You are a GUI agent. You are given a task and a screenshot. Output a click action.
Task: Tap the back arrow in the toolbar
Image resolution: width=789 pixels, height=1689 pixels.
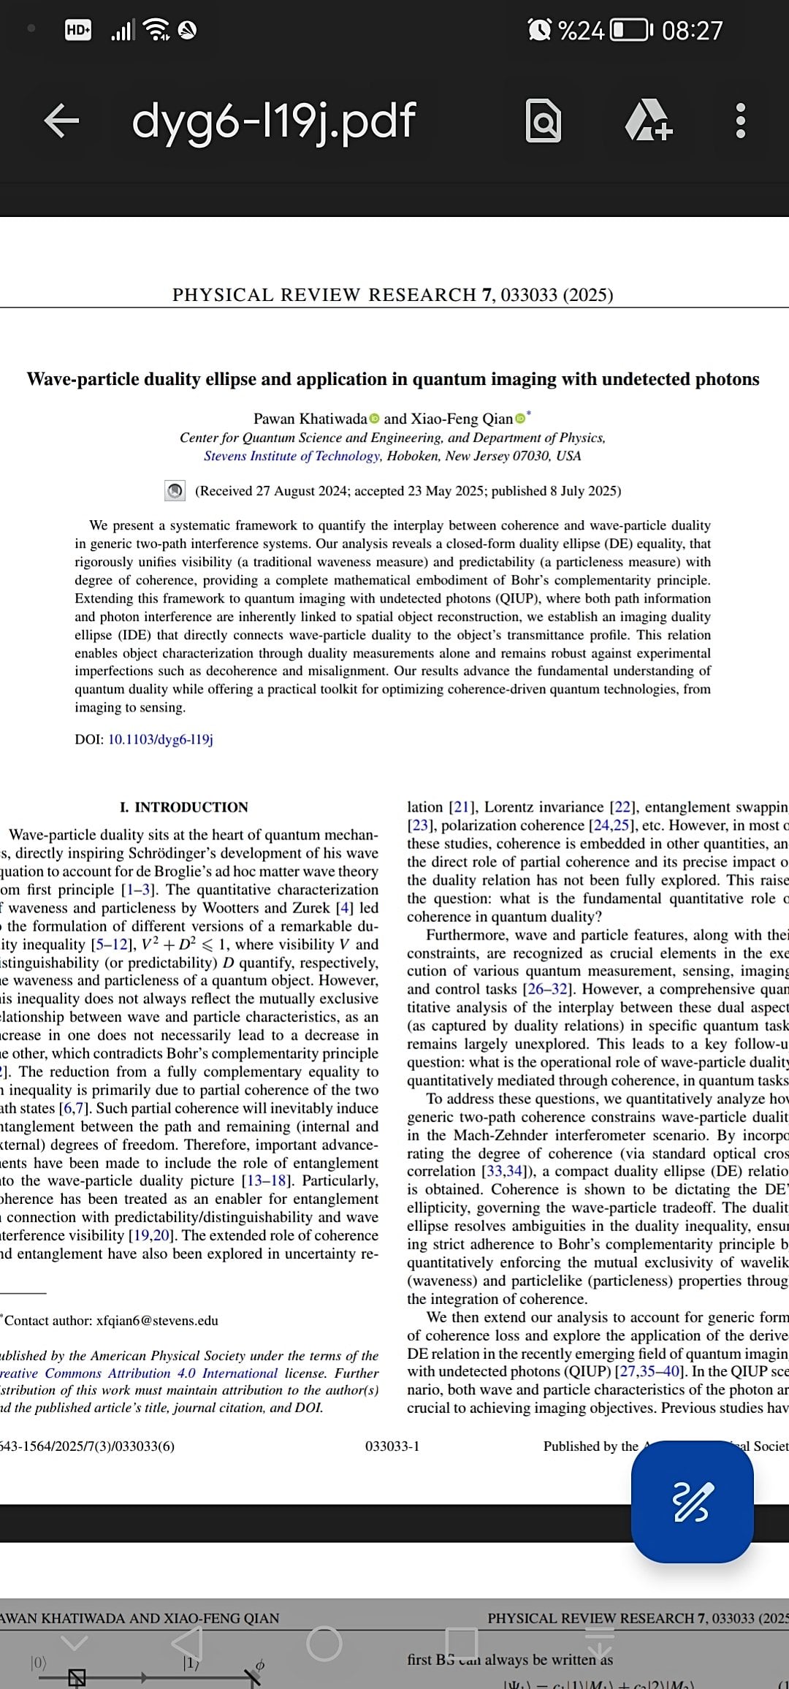click(x=61, y=121)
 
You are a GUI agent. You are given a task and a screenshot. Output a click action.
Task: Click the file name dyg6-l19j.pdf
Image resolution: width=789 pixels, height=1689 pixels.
click(x=274, y=121)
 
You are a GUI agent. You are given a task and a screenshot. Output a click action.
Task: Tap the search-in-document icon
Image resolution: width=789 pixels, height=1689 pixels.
click(x=544, y=121)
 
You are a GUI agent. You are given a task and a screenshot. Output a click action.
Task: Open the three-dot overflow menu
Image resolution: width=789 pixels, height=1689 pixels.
click(x=740, y=121)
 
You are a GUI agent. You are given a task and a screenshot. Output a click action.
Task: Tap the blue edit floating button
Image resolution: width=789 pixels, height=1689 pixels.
click(x=692, y=1502)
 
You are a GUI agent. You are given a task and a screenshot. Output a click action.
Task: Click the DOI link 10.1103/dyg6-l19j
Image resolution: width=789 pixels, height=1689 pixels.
click(x=161, y=739)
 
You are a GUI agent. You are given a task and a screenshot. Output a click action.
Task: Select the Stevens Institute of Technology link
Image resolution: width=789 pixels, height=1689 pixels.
click(x=292, y=456)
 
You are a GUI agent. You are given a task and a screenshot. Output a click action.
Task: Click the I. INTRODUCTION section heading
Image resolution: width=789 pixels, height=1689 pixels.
click(x=184, y=807)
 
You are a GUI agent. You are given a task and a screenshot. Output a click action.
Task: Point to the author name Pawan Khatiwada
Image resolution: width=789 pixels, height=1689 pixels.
click(x=310, y=419)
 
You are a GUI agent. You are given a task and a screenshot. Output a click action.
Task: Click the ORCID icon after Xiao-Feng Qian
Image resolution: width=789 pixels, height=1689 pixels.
click(x=520, y=419)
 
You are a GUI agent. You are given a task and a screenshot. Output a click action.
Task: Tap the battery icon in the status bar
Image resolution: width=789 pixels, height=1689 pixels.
click(x=630, y=30)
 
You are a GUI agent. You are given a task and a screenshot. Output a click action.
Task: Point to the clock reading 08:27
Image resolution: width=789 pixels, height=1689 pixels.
click(x=692, y=30)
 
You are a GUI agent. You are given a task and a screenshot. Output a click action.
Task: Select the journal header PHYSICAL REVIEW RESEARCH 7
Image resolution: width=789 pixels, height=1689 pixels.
click(x=332, y=294)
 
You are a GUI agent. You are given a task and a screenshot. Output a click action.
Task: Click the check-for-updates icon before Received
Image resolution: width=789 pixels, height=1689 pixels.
click(x=175, y=491)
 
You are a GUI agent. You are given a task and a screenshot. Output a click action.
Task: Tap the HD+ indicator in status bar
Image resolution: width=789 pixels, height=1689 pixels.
click(x=78, y=30)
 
